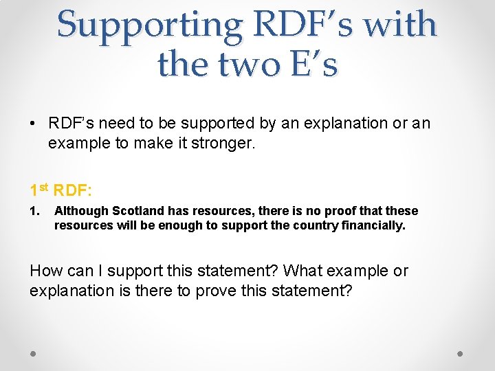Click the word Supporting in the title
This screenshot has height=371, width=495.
point(151,25)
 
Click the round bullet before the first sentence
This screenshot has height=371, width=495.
point(33,124)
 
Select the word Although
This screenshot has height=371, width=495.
point(81,211)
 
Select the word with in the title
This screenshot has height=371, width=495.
point(400,25)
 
